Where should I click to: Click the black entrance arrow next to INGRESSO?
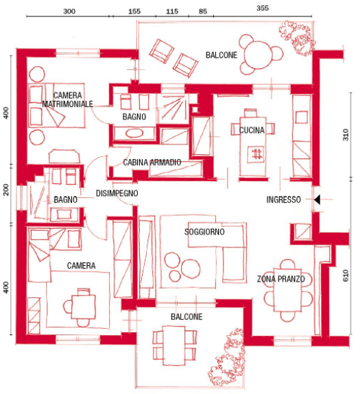click(x=317, y=199)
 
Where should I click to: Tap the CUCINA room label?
click(x=252, y=130)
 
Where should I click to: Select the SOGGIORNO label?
click(x=204, y=232)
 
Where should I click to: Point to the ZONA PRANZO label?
click(x=281, y=279)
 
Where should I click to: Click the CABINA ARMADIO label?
click(x=152, y=162)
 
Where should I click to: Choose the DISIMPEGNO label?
click(x=117, y=193)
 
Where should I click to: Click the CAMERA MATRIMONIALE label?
click(x=67, y=99)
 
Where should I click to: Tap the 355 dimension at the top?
click(x=263, y=8)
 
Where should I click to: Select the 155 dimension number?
click(x=134, y=12)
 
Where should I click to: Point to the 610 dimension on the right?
click(x=346, y=275)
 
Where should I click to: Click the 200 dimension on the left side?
click(x=6, y=190)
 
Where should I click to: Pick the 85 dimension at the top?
click(x=202, y=12)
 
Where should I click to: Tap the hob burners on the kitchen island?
click(x=257, y=153)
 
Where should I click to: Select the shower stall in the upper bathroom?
click(x=173, y=108)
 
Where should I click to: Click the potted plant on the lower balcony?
click(x=226, y=357)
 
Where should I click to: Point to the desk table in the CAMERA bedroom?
click(x=84, y=307)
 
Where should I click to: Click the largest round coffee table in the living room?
click(x=191, y=269)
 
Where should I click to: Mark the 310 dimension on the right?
click(x=346, y=135)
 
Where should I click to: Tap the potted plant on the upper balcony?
click(x=297, y=38)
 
